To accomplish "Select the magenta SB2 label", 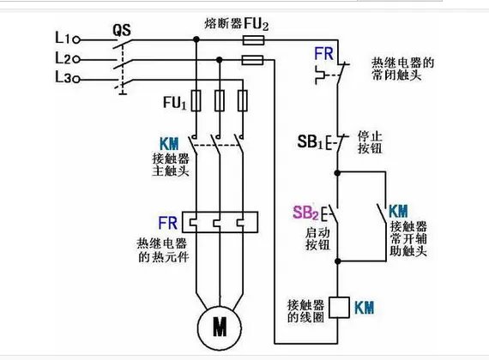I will [x=305, y=213].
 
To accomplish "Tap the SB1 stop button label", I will [x=311, y=141].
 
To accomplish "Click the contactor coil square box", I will [x=338, y=305].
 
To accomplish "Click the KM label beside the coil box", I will [x=364, y=305].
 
